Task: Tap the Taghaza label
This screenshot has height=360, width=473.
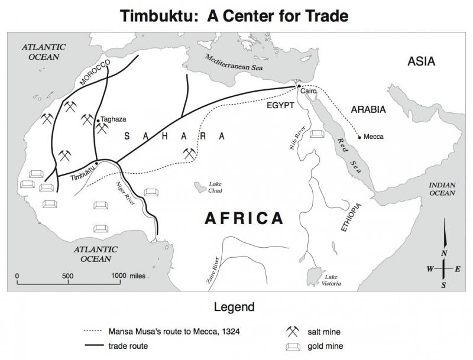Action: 113,119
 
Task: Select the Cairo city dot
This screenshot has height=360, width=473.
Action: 300,87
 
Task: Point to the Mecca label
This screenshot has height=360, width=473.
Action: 374,137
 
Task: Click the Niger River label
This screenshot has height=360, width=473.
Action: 123,192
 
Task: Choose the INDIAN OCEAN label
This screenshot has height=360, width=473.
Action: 442,189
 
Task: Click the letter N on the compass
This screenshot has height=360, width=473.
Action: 443,253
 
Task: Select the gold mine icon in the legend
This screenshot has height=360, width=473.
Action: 292,346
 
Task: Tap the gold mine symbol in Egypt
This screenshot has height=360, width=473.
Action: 317,135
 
